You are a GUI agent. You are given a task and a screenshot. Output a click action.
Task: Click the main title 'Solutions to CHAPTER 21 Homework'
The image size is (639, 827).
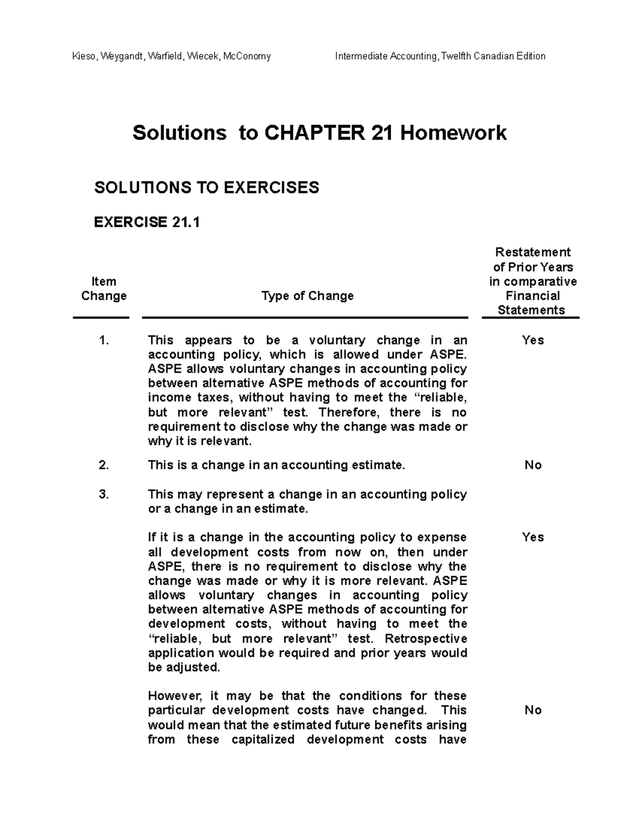pos(319,133)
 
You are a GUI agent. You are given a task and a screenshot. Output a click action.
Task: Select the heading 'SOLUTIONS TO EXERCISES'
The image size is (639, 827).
pos(207,187)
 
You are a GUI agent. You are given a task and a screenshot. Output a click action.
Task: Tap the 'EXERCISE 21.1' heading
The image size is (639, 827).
pos(147,222)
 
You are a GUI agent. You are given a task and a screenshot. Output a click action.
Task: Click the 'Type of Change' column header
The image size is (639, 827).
pos(307,296)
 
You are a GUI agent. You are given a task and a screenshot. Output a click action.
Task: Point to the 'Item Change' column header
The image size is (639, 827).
pos(104,289)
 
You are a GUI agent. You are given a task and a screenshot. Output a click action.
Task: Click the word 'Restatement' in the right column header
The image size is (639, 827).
pos(532,252)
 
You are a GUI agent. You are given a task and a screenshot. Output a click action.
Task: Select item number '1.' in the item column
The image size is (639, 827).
pos(104,340)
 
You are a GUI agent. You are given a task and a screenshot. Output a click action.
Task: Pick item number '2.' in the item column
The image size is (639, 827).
pos(104,465)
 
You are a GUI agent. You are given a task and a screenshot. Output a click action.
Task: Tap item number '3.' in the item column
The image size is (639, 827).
pos(104,494)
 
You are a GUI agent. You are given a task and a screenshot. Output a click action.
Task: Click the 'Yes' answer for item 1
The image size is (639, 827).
pos(532,340)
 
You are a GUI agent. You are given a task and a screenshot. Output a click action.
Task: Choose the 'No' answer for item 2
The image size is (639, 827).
pos(532,465)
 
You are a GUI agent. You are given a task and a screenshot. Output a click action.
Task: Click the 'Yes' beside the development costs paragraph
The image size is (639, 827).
pos(532,537)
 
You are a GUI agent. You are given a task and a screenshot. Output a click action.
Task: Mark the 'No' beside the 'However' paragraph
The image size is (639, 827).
pos(532,710)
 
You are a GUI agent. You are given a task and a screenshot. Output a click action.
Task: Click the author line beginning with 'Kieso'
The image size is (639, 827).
pos(171,56)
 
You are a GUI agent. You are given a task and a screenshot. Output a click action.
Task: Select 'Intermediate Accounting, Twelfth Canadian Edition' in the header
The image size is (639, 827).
pos(440,56)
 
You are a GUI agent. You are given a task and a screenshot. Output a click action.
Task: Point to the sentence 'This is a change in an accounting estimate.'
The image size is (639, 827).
pos(276,465)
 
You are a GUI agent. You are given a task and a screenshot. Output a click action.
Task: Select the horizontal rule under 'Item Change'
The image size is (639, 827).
pos(101,318)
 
